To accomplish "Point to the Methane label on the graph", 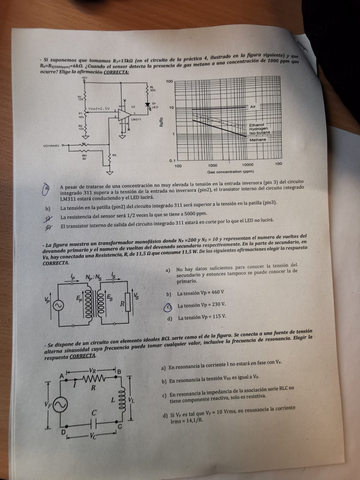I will coord(257,141).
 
